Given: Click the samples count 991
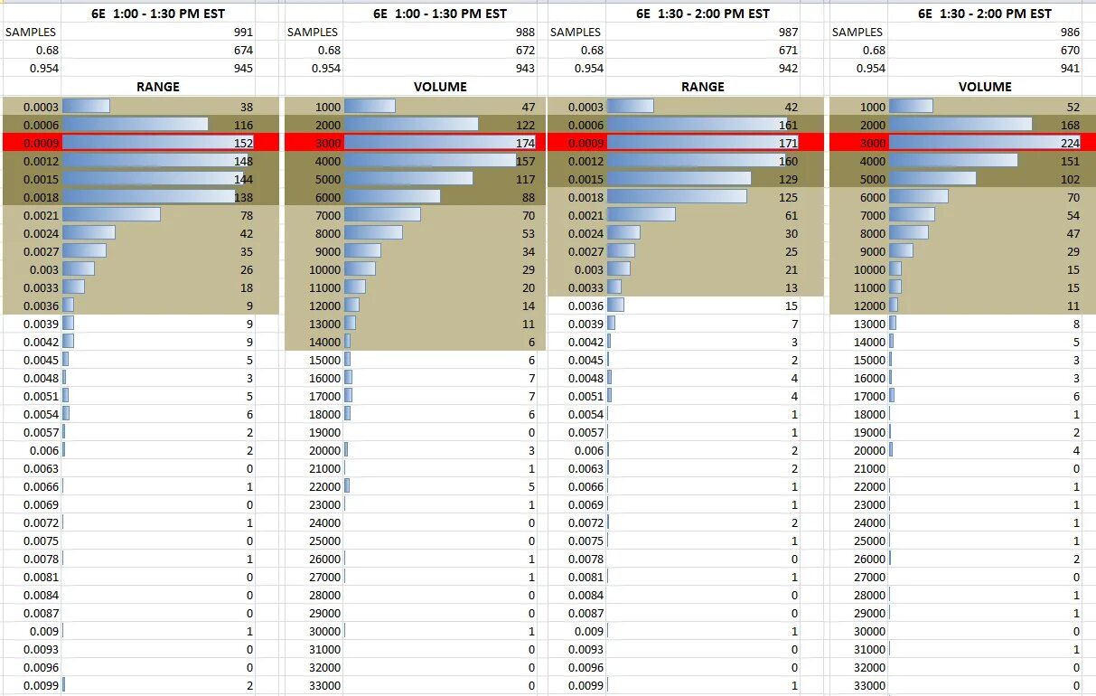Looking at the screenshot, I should point(243,33).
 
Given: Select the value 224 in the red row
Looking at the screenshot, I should point(1068,143).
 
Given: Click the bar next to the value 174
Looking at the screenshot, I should point(439,143).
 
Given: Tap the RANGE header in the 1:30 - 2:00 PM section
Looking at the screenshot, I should point(702,87).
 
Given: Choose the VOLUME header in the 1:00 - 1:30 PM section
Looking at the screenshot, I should point(440,87).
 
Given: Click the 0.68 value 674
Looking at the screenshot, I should point(243,51).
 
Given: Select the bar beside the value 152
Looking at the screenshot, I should point(157,143).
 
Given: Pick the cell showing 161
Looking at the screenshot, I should point(788,125).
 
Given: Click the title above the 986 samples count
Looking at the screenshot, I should point(984,14).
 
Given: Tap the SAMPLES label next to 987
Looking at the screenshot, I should point(576,33).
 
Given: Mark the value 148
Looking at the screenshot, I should point(243,161).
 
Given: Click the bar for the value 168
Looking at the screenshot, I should point(960,125).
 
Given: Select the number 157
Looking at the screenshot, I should point(525,161).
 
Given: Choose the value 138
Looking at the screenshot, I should point(243,197).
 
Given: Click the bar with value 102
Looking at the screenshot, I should point(932,179).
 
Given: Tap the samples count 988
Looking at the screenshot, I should point(525,33).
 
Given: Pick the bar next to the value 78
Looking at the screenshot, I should point(111,215).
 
